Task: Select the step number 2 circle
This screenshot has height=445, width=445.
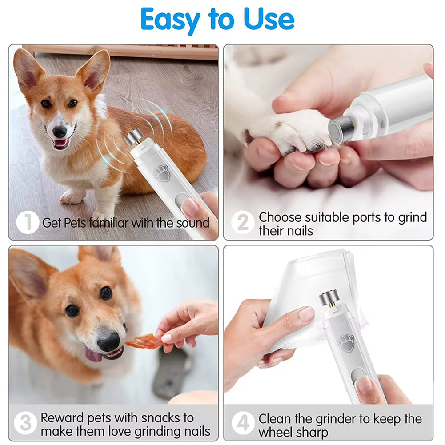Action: click(243, 222)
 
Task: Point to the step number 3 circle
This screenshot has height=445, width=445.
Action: click(25, 423)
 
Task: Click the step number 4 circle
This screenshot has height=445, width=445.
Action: click(243, 423)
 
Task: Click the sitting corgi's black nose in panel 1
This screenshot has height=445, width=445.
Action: click(60, 132)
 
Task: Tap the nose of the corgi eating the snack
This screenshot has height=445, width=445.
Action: click(108, 342)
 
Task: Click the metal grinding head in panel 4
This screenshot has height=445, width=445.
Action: click(329, 298)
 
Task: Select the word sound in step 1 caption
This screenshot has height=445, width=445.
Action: click(192, 223)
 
